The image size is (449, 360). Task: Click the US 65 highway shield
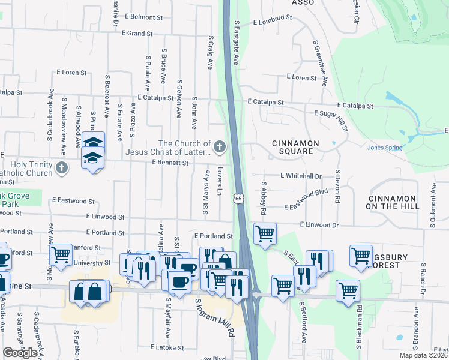tap(238, 198)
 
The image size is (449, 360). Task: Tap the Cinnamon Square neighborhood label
tap(292, 147)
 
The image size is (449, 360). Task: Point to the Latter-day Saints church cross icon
tap(220, 146)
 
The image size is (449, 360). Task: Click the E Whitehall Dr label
tap(301, 176)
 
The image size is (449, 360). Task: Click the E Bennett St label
tap(170, 163)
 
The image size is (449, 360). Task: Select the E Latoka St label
tap(167, 347)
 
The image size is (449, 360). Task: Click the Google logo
tap(20, 353)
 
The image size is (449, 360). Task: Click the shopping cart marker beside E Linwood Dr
tap(265, 233)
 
